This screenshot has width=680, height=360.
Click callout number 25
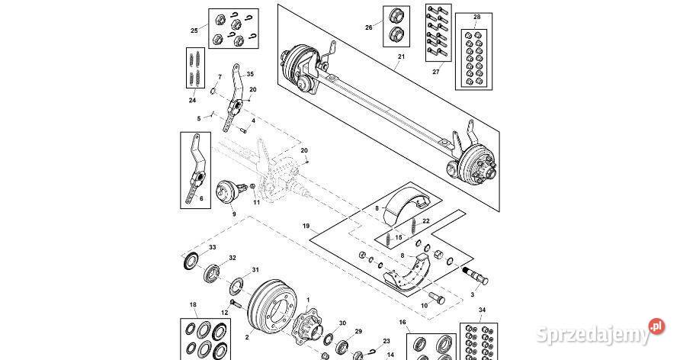(x=194, y=31)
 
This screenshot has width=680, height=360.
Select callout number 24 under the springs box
(x=192, y=100)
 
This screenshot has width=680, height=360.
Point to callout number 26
(x=369, y=27)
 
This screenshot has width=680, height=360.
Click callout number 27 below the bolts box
(x=436, y=73)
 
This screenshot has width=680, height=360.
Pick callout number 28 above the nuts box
(x=477, y=16)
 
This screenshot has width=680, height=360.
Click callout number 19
(x=305, y=226)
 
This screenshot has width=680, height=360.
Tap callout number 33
(x=213, y=247)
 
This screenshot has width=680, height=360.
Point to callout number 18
(x=193, y=305)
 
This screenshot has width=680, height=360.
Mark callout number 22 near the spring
(x=426, y=220)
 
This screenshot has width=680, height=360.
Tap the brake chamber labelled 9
(x=225, y=193)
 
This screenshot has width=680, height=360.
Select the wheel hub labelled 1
(x=308, y=326)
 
